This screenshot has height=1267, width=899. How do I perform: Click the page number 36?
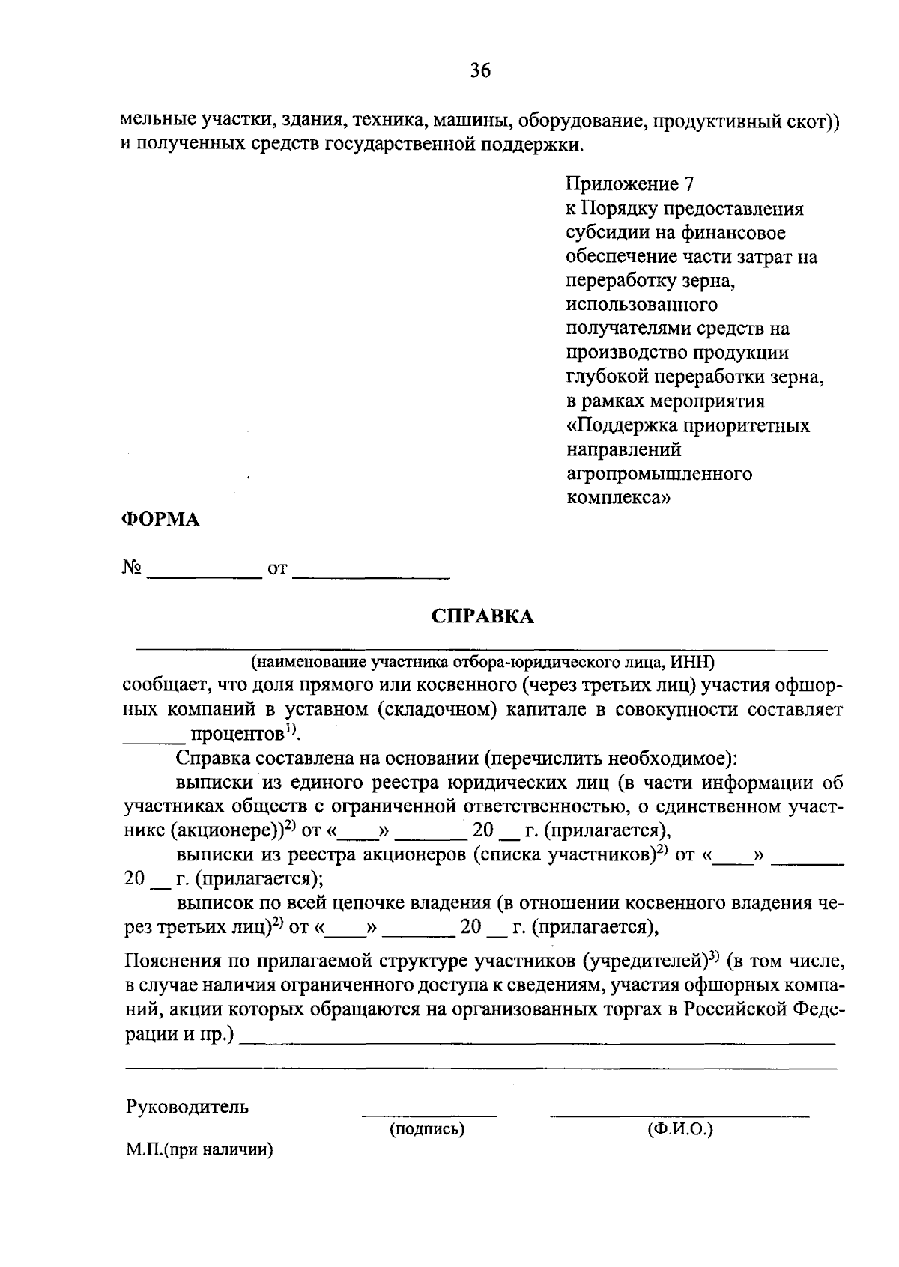(479, 71)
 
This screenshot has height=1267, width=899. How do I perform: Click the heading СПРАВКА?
(482, 616)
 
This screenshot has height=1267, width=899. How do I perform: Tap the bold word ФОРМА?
(160, 520)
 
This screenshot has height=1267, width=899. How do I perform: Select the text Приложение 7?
(629, 184)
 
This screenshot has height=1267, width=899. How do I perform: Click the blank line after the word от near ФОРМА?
(371, 575)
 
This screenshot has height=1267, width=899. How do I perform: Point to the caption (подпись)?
(427, 1129)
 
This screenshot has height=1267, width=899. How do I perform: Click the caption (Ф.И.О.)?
(679, 1129)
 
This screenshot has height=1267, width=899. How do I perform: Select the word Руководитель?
(187, 1107)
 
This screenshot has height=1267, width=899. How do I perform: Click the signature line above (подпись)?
(429, 1115)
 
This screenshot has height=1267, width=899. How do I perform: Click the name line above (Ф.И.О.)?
(679, 1115)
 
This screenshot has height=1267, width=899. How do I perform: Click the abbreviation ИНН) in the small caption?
(695, 662)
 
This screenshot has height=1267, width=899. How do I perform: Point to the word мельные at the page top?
(154, 120)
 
